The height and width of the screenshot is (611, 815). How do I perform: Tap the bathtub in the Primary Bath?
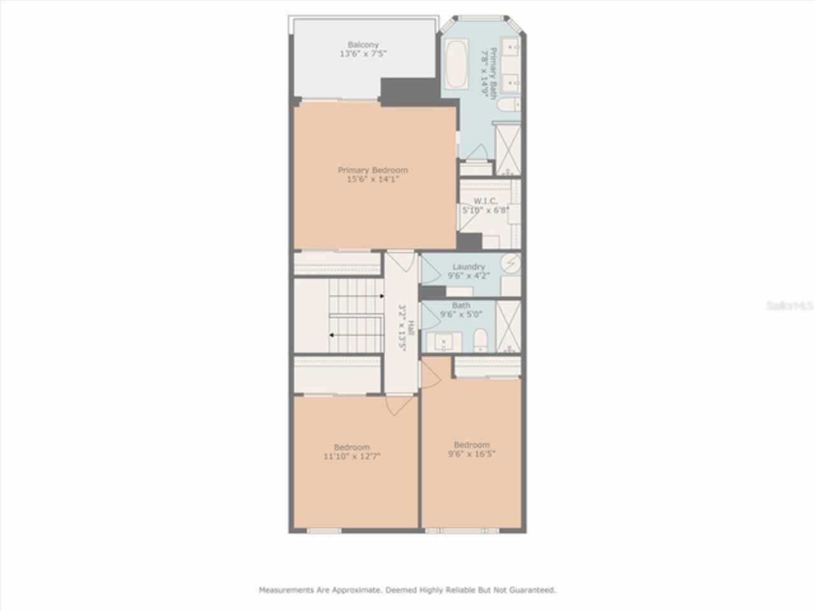point(455,64)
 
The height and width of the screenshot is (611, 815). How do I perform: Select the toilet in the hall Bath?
point(481,339)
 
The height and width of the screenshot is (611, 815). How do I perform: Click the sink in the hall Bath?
point(444,342)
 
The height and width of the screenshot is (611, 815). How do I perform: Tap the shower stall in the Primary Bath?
point(508,149)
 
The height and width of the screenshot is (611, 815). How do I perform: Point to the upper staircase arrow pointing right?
point(381,296)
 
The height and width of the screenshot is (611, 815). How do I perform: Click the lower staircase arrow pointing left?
point(332,335)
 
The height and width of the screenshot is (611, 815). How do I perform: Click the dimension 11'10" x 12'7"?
point(351,456)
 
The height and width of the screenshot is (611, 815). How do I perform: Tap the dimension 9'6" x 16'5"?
point(472,454)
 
